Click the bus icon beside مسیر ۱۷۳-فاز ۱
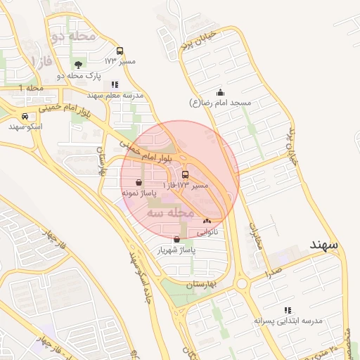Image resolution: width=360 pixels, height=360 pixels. pos(185,174)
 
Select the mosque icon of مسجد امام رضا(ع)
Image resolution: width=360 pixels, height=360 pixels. pos(221,92)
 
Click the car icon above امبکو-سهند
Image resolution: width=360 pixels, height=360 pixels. pos(25,117)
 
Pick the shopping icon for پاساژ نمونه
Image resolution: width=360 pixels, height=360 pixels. pos(139,182)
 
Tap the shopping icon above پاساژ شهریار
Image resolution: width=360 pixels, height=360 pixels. pos(176,239)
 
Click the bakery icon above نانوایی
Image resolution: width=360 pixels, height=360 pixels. pos(207,221)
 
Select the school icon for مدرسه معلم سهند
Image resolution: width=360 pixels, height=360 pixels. pos(115,84)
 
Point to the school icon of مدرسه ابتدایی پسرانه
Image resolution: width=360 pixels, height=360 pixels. pos(287,309)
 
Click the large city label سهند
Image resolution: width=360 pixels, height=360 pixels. pos(324,245)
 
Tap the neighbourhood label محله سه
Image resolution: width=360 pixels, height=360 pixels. pos(170,211)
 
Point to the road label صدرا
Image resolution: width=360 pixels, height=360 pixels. pos(274,269)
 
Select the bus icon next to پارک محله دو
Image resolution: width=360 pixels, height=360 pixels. pos(120,51)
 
